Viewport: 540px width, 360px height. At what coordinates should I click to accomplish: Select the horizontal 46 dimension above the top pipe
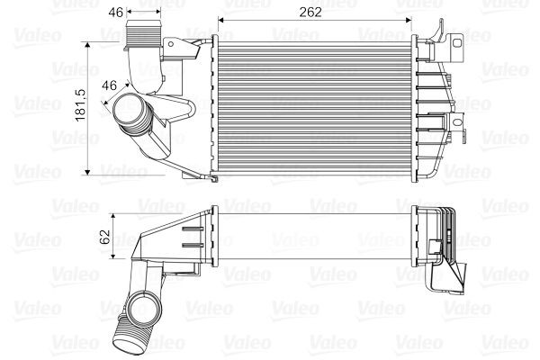click(115, 13)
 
